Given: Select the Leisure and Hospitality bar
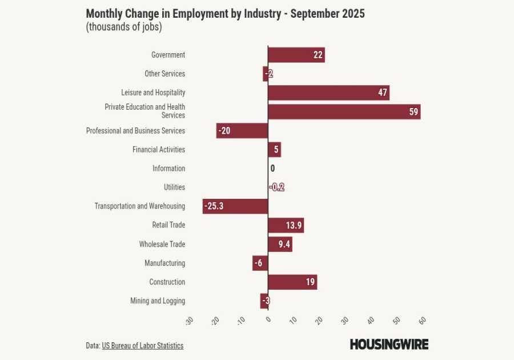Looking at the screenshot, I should [328, 93].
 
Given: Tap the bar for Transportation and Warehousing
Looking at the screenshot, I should [235, 206].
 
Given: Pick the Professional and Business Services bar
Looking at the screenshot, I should [242, 131].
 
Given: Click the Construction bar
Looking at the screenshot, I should [292, 282].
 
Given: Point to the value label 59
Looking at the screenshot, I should [413, 112].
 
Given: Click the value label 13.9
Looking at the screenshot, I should [294, 226].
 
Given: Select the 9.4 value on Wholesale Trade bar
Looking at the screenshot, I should [284, 245].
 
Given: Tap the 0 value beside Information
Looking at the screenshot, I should [272, 169].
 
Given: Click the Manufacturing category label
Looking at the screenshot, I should [164, 263].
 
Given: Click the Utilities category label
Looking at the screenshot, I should [174, 187].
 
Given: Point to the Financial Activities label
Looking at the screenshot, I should [159, 150].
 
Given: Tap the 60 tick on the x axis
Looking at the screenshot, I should [422, 320].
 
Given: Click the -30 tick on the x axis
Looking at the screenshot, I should [190, 321].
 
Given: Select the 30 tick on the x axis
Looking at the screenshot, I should [344, 320].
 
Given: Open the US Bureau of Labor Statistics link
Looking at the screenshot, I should [142, 346].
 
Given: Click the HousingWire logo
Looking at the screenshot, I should [389, 344].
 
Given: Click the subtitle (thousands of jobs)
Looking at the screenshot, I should [123, 27].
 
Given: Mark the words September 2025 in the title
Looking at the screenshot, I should [327, 14].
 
